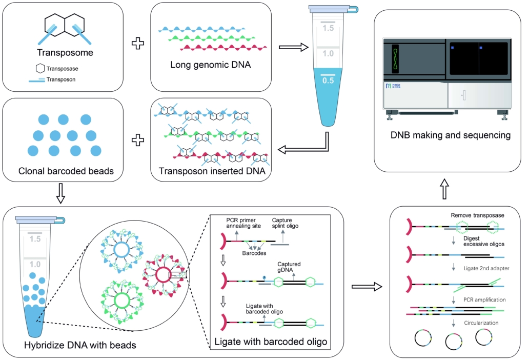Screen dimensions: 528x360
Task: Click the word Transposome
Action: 65,52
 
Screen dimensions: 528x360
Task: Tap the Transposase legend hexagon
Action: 40,68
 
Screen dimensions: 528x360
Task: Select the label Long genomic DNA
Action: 211,65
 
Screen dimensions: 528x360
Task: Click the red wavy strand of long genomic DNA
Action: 224,48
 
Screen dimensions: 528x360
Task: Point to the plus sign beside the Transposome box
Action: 138,43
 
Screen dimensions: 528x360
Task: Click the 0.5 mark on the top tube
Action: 328,81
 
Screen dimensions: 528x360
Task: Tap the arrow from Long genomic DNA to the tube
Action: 294,47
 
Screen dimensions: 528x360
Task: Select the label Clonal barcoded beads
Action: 66,171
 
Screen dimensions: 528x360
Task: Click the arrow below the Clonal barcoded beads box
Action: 60,194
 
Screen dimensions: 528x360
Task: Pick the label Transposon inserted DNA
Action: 212,171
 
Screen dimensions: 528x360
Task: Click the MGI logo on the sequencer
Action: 393,86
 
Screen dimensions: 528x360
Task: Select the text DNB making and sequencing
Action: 451,135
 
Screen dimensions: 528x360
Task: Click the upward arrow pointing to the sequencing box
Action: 445,189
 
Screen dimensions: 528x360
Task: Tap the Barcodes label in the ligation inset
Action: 254,253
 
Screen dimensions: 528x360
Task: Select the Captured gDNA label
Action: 289,267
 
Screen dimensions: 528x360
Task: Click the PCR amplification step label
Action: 484,299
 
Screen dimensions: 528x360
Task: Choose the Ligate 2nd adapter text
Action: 486,268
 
